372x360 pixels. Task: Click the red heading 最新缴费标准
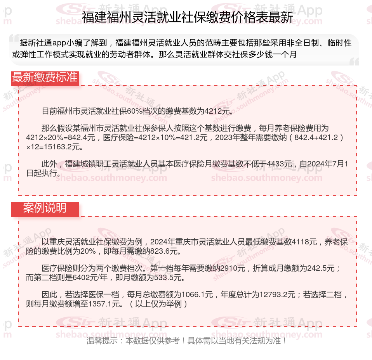click(x=45, y=77)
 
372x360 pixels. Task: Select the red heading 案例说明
click(x=45, y=208)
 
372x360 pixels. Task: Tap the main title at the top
click(x=188, y=17)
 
